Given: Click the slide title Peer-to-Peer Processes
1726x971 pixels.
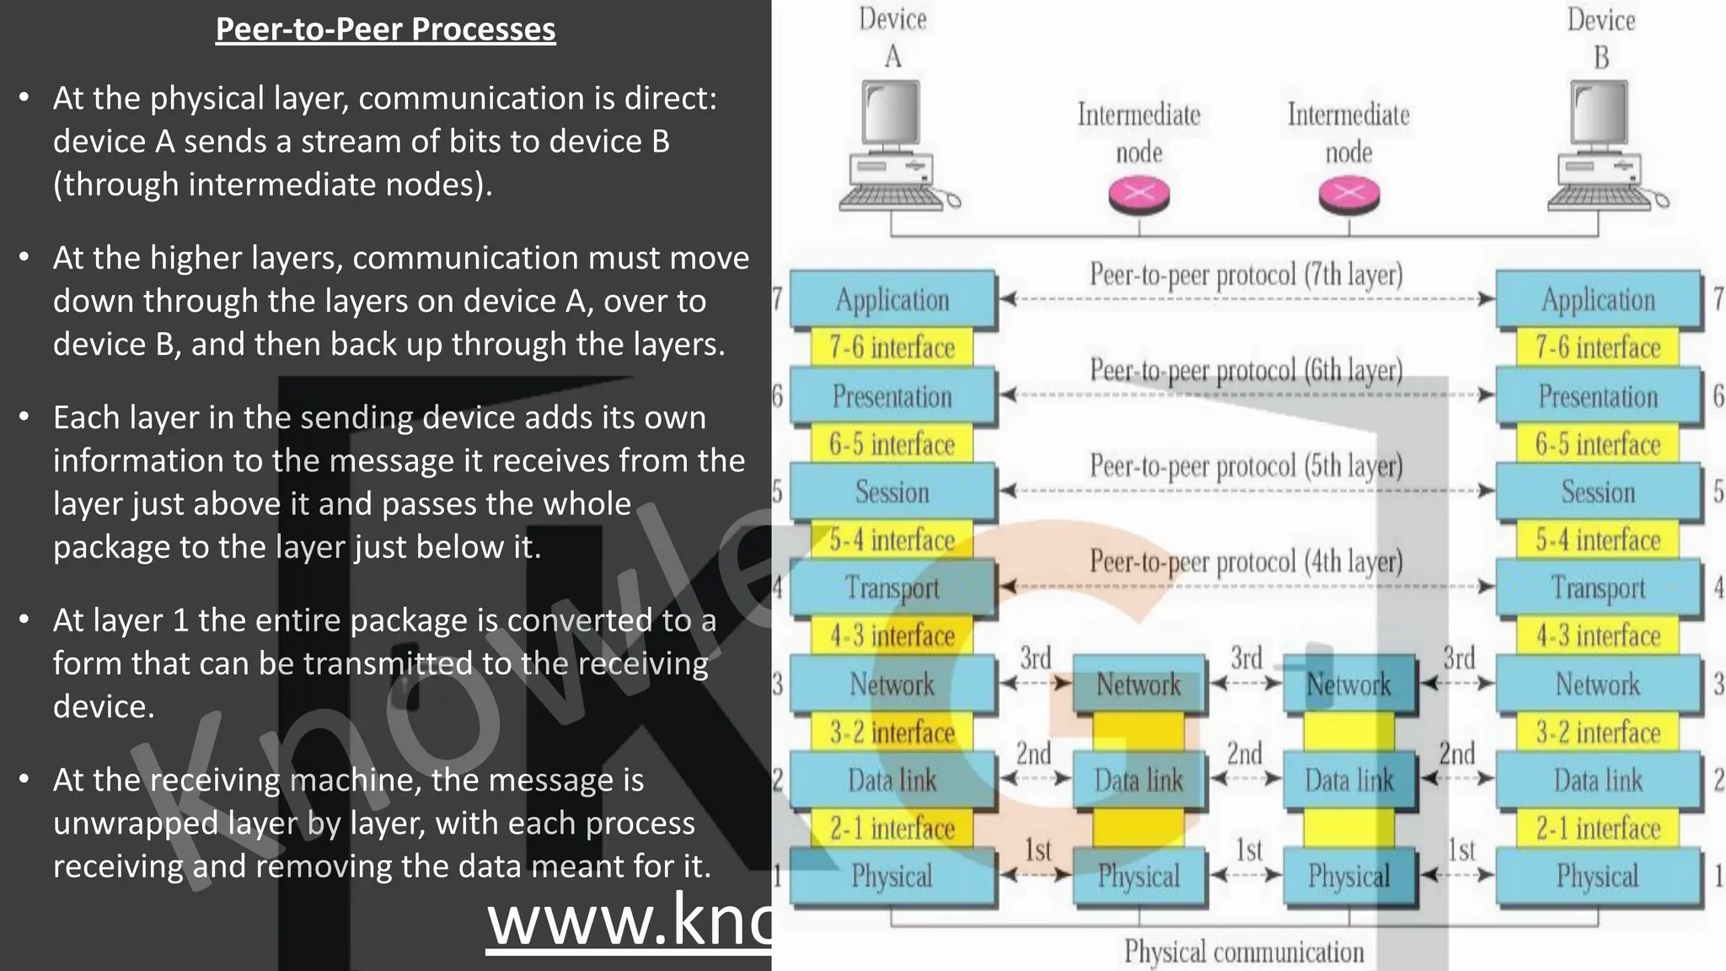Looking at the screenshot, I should [x=385, y=30].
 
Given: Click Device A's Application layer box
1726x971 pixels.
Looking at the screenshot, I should [x=892, y=300].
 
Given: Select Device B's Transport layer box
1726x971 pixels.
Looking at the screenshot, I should [x=1598, y=587].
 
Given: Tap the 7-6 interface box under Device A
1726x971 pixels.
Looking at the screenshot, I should [x=892, y=347].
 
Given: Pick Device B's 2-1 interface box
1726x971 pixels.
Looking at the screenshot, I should [x=1598, y=828].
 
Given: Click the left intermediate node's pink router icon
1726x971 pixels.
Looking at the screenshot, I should [x=1139, y=195].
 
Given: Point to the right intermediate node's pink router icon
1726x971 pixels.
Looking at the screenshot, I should [x=1348, y=195].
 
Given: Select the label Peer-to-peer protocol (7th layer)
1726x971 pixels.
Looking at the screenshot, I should [x=1246, y=275].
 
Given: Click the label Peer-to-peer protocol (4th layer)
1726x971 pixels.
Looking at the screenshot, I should [x=1246, y=561].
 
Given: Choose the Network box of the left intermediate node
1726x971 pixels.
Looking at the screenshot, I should [x=1139, y=684].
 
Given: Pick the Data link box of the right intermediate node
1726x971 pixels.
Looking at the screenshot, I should [x=1348, y=781].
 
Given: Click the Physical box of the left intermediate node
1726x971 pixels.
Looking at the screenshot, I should [x=1139, y=877].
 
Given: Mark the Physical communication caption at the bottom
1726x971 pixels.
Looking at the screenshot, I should [x=1244, y=952].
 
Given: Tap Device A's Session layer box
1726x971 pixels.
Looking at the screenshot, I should [x=892, y=491].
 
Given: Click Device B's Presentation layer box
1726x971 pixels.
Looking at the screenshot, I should [x=1598, y=396].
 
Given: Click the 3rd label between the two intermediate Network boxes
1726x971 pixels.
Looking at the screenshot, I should [x=1246, y=657].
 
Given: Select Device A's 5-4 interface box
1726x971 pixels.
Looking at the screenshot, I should [x=892, y=539].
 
